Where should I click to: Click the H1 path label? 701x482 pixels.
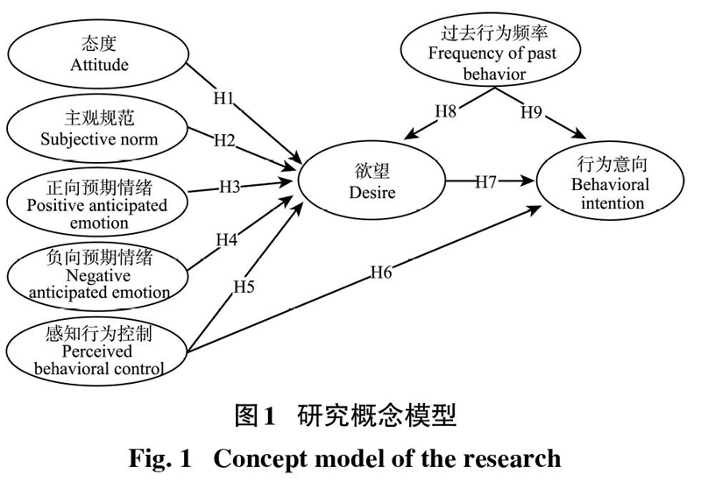(x=224, y=98)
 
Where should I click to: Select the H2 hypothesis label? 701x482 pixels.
(x=224, y=140)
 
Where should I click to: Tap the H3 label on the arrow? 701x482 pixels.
(x=230, y=187)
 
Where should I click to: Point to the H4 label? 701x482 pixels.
(x=227, y=239)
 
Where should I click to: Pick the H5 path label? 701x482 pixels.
(x=244, y=287)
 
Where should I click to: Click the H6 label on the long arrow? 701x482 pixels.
(x=381, y=272)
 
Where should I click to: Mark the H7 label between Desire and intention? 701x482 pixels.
(x=486, y=181)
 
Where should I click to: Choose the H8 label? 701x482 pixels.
(x=446, y=111)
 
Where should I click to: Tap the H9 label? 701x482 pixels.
(x=532, y=112)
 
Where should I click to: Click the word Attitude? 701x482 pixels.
(x=99, y=65)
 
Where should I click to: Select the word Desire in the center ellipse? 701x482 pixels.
(x=372, y=192)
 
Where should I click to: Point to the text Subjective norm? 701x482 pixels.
(x=99, y=139)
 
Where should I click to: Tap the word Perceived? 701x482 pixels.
(x=97, y=351)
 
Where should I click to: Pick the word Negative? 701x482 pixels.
(x=98, y=276)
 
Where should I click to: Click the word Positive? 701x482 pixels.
(x=56, y=205)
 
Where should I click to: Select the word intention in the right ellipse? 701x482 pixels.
(x=612, y=203)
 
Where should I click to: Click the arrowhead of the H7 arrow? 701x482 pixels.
(x=528, y=181)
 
